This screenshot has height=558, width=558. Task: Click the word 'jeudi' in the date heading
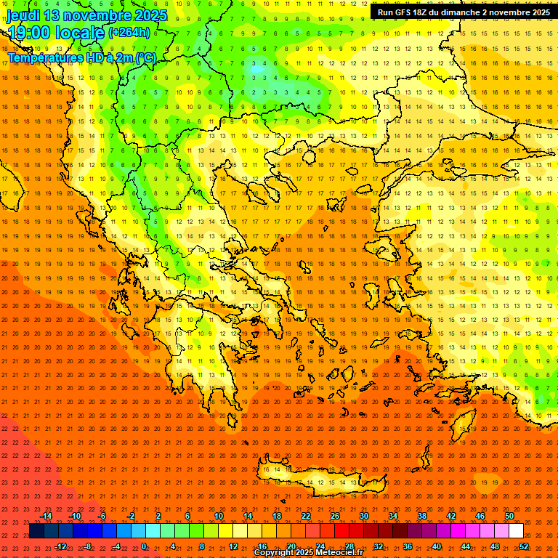(23, 15)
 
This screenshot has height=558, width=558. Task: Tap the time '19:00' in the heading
(30, 33)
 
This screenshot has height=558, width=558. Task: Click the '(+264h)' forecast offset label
(129, 33)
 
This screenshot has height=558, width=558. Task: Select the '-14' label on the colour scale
(45, 516)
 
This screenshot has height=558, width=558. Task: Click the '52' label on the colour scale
(524, 546)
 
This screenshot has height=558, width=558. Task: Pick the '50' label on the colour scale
(509, 516)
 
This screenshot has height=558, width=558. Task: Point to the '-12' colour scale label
(60, 546)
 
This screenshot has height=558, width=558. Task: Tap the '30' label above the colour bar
(363, 516)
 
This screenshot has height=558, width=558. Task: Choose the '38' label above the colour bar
(421, 516)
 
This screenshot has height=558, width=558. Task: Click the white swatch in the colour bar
(516, 531)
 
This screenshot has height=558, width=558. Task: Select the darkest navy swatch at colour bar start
(36, 531)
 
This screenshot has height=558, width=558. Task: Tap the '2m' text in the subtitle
(126, 57)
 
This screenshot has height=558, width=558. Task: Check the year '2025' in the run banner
(537, 12)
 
